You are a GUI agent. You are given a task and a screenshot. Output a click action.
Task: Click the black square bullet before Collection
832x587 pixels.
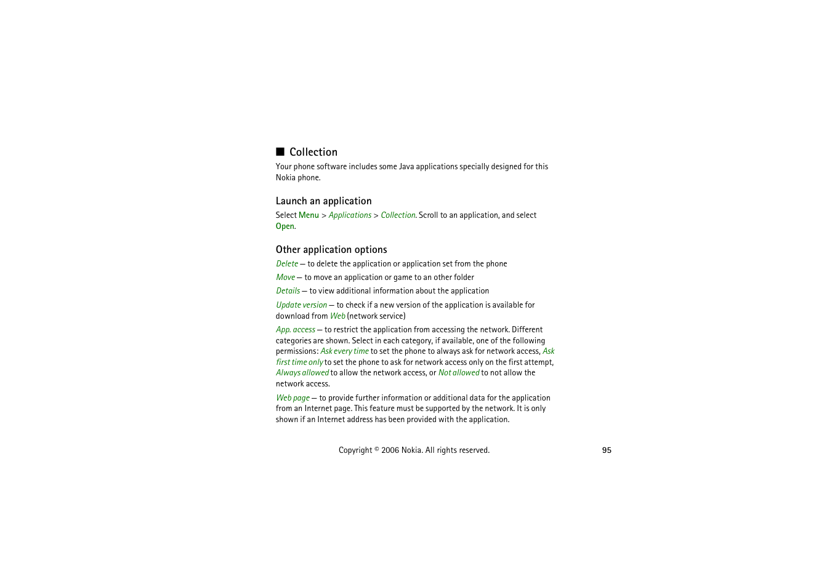(280, 152)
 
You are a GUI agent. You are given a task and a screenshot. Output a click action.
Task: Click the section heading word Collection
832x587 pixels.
(313, 152)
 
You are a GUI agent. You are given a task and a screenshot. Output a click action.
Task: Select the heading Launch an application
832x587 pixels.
(323, 201)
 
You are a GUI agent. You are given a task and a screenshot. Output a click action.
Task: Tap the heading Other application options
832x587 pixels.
(331, 250)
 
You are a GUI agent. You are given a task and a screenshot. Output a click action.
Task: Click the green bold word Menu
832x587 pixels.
(309, 215)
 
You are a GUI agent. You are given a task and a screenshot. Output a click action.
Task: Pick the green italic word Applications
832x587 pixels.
(350, 215)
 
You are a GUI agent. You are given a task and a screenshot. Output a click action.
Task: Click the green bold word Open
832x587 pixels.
(285, 226)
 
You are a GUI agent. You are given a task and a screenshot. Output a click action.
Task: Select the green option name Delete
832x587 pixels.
(287, 264)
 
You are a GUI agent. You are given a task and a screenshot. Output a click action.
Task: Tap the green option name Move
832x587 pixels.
(286, 278)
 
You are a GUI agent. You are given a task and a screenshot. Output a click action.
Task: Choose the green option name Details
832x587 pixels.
(288, 291)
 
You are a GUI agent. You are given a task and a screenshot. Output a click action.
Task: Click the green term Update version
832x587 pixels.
(302, 305)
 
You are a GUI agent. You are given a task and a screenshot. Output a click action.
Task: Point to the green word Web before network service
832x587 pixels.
(337, 316)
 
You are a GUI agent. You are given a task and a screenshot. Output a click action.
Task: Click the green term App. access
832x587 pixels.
(296, 330)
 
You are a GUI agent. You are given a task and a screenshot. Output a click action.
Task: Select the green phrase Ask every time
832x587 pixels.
(344, 351)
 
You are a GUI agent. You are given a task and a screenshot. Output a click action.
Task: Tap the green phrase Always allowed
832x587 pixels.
(302, 373)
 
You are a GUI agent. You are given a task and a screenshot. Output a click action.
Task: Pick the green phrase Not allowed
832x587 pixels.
(459, 373)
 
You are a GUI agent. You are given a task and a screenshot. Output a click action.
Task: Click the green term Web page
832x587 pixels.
(293, 398)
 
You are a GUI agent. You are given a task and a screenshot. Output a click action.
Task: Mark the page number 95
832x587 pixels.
(607, 450)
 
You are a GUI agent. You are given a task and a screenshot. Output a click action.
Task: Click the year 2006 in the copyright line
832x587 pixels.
(390, 450)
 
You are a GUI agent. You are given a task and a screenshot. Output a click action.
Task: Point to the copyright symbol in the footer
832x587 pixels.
(377, 449)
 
